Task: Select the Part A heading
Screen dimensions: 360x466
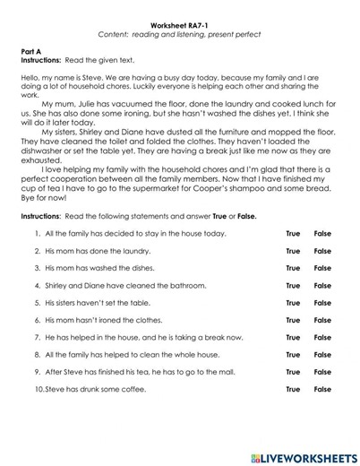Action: pyautogui.click(x=30, y=53)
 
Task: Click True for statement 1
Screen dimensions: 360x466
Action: pyautogui.click(x=293, y=234)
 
